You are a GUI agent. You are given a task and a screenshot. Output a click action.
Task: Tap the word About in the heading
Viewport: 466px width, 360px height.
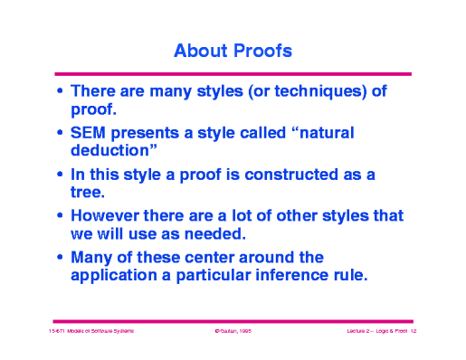pyautogui.click(x=199, y=51)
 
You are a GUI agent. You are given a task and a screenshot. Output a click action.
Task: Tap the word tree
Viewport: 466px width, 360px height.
pyautogui.click(x=87, y=192)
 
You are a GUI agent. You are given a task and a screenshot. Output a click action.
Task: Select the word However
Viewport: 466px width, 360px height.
pyautogui.click(x=108, y=216)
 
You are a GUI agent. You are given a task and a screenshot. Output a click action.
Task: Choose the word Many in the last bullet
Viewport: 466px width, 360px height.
pyautogui.click(x=92, y=258)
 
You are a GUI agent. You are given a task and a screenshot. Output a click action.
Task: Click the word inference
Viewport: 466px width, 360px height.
pyautogui.click(x=284, y=275)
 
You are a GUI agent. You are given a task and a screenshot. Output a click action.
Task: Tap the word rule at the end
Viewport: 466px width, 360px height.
pyautogui.click(x=347, y=275)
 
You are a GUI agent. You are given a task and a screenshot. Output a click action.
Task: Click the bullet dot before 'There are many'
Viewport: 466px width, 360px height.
pyautogui.click(x=60, y=92)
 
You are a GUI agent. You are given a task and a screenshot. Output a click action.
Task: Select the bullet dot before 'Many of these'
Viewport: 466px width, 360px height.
pyautogui.click(x=60, y=259)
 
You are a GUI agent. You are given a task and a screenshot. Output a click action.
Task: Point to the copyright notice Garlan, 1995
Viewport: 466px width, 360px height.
pyautogui.click(x=233, y=333)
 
